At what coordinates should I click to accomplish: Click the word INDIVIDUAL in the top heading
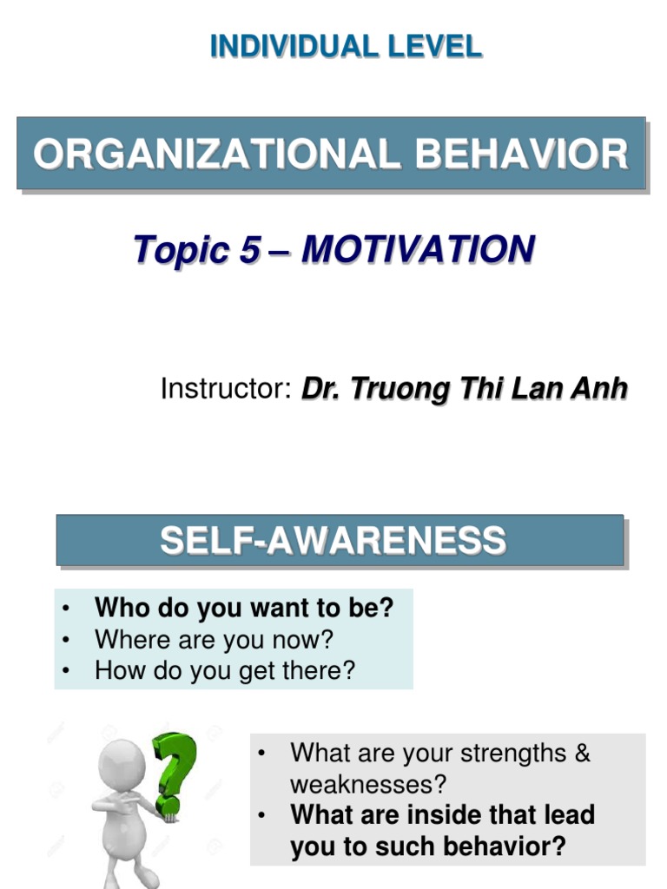click(x=286, y=46)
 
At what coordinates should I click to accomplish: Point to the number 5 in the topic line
click(x=249, y=251)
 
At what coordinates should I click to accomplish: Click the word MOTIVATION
click(x=418, y=251)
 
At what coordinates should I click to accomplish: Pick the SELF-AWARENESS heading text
click(x=333, y=541)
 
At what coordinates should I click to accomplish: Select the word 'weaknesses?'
click(x=368, y=785)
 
